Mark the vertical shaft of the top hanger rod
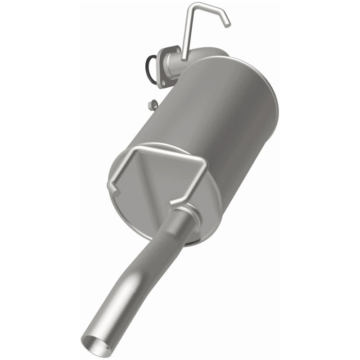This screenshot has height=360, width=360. point(187,31)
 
